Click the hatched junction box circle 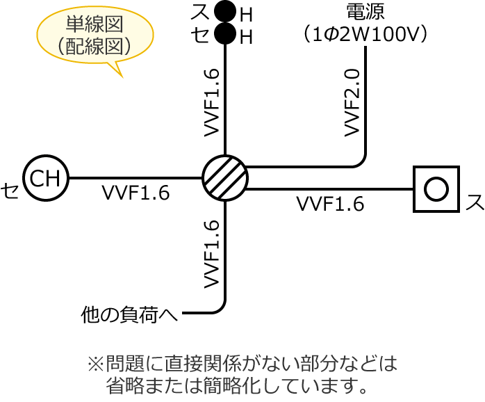coord(225,178)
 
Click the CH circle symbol coord(46,178)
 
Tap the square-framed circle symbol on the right coord(436,188)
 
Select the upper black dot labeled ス coord(225,12)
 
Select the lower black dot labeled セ coord(225,33)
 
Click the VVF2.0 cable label coord(352,102)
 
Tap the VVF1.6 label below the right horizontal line coord(330,204)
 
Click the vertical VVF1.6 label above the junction coord(212,102)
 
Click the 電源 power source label coord(365,13)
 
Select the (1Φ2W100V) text coord(365,33)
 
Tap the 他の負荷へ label coord(129,315)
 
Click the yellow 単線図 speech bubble coord(95,36)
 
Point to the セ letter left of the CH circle coord(10,190)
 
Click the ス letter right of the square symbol coord(475,202)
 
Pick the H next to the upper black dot coord(245,15)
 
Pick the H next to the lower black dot coord(245,38)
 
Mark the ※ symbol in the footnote coord(94,363)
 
